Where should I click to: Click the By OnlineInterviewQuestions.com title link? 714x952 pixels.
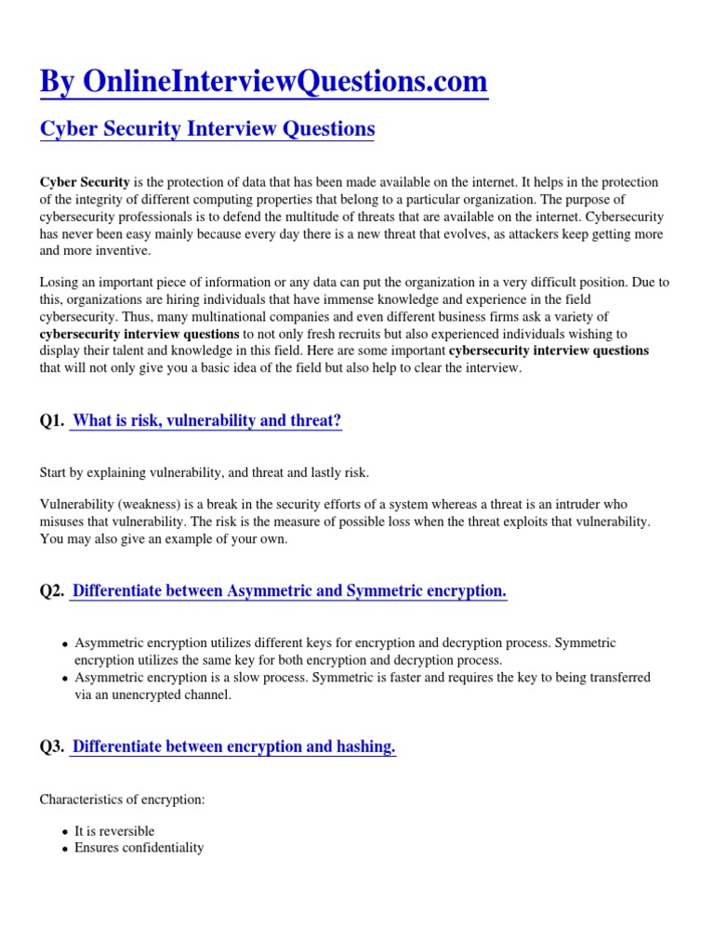coord(263,82)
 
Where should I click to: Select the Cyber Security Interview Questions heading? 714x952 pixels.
coord(207,129)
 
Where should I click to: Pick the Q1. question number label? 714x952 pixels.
coord(52,421)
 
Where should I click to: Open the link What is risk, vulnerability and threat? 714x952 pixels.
coord(206,421)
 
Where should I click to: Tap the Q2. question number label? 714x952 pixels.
coord(52,591)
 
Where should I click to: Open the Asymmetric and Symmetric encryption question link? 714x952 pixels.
coord(289,591)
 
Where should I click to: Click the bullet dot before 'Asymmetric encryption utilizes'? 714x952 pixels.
coord(64,644)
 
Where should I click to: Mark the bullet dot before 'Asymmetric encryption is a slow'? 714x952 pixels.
coord(64,679)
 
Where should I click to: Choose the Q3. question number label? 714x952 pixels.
coord(52,747)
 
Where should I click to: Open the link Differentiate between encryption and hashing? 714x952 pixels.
coord(233,747)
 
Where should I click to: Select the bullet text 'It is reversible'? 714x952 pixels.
coord(114,831)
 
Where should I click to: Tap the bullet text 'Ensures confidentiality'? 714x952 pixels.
coord(139,848)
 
